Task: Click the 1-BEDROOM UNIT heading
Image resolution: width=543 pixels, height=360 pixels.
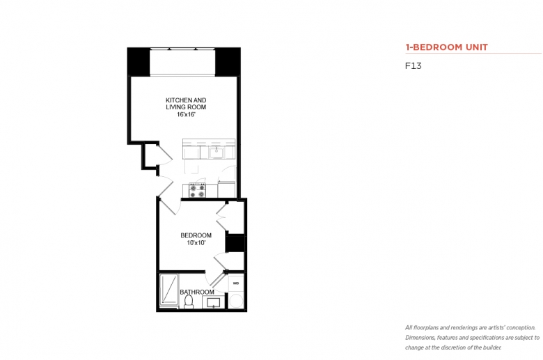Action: coord(446,47)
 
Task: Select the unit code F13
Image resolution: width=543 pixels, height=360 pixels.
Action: coord(413,66)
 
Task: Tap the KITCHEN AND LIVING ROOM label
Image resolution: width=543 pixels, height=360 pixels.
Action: coord(186,104)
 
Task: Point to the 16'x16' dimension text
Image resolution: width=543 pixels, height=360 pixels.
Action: coord(187,114)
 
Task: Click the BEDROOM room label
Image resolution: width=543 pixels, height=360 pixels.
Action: coord(196,235)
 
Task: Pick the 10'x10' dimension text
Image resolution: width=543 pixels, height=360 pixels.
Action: coord(196,243)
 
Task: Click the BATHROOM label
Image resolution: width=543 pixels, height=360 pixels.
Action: coord(197,292)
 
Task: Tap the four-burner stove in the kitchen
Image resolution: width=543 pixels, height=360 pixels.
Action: coord(197,191)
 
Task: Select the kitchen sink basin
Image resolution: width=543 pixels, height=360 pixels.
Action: coord(217,152)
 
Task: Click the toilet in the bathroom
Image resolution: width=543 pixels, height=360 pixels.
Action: coord(189,302)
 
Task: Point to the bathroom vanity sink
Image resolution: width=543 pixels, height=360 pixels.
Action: coord(213,302)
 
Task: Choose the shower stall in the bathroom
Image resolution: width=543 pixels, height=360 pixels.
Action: coord(169,290)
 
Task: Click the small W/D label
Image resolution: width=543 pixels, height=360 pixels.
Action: coord(236,283)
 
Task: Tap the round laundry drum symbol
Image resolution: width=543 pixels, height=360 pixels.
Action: coord(237,301)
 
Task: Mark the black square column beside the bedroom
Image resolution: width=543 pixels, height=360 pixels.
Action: coord(235,243)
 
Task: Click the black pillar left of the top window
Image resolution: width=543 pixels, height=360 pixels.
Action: coord(139,62)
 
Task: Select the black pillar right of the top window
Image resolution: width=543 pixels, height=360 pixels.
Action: coord(228,62)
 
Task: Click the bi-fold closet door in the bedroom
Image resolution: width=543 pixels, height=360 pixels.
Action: coord(221,217)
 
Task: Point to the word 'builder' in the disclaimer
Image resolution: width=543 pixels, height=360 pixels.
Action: coord(492,347)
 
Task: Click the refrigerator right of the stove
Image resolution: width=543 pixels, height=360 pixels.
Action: coord(226,189)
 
